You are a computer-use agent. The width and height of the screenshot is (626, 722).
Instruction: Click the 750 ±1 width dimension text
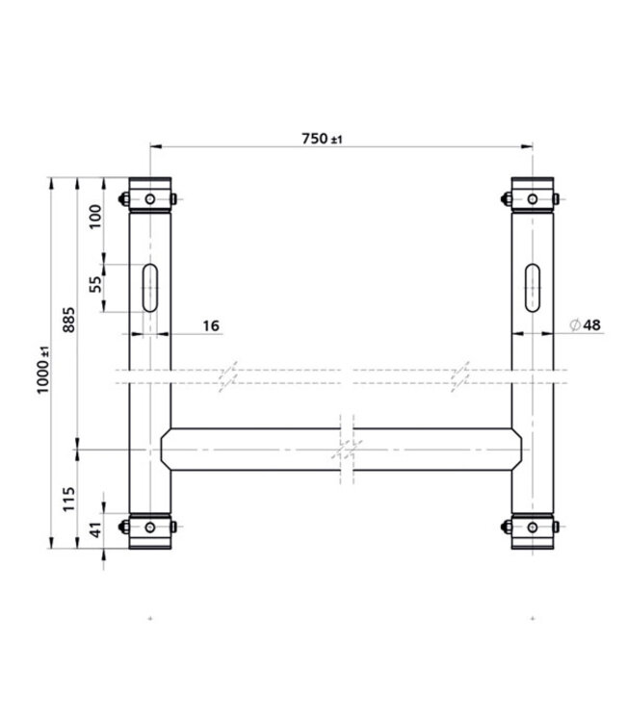click(x=322, y=139)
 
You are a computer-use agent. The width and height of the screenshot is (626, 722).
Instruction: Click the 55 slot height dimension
click(x=94, y=287)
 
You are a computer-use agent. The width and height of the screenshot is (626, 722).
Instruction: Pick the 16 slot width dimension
click(x=211, y=326)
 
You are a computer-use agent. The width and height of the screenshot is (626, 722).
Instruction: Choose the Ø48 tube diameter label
click(x=584, y=325)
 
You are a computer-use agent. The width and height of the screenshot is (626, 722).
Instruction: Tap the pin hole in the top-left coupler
click(x=150, y=199)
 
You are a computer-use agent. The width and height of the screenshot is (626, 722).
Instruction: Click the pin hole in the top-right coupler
click(x=533, y=199)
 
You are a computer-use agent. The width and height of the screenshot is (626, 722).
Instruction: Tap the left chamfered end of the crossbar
click(x=165, y=449)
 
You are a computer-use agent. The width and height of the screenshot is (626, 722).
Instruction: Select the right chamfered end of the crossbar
click(x=520, y=449)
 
